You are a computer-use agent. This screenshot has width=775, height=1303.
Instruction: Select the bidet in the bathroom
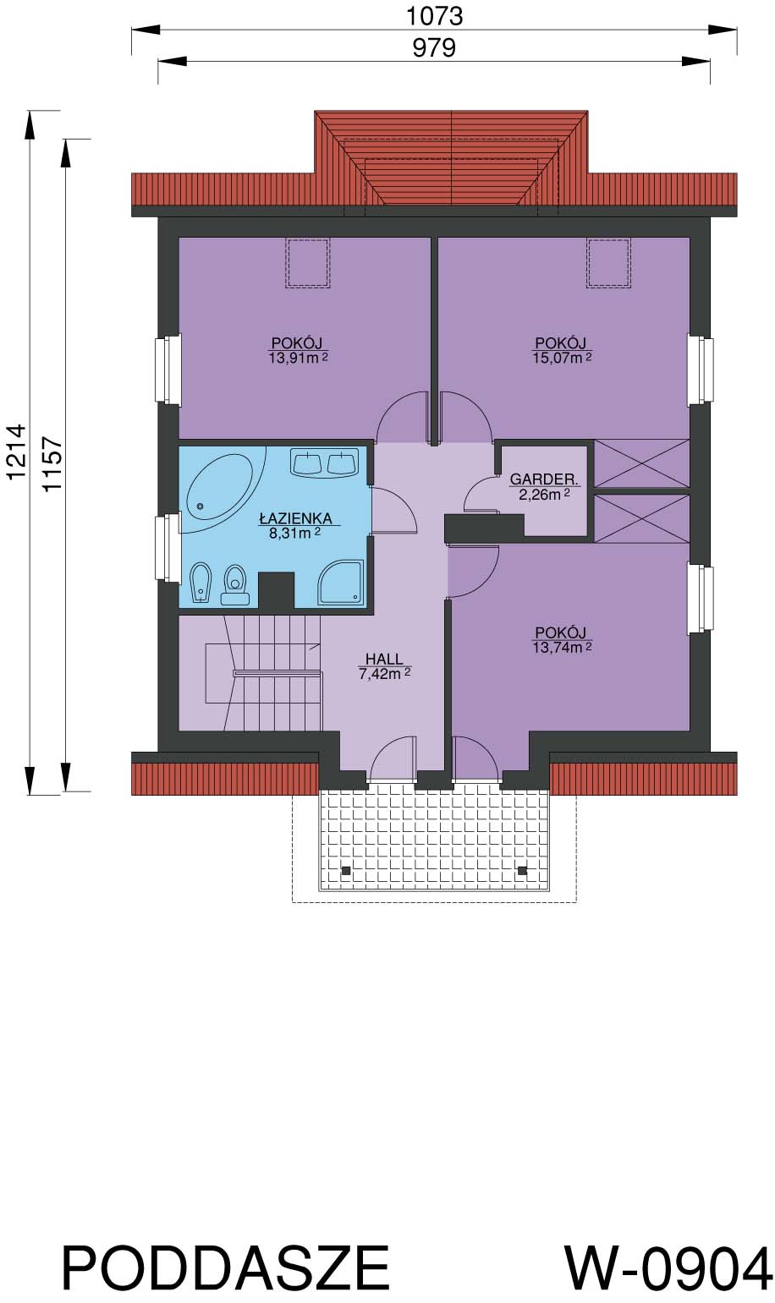coord(201,583)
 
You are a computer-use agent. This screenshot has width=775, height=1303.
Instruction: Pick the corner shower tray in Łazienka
coord(341,582)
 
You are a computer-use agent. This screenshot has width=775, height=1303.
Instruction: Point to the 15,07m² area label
coord(562,358)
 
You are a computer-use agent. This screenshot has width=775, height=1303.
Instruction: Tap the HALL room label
coord(384,659)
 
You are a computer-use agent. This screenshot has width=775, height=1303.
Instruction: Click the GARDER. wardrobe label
coord(544,479)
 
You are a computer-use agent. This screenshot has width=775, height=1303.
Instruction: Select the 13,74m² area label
coord(562,648)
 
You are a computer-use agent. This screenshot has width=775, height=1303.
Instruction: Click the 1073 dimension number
coord(434,16)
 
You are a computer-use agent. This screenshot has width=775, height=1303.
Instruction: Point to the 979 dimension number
coord(434,47)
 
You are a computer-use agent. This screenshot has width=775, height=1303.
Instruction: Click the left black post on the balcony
coord(346,871)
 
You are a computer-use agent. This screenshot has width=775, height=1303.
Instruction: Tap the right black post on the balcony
coord(522,871)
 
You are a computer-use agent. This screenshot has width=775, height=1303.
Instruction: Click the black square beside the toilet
coord(276,590)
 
